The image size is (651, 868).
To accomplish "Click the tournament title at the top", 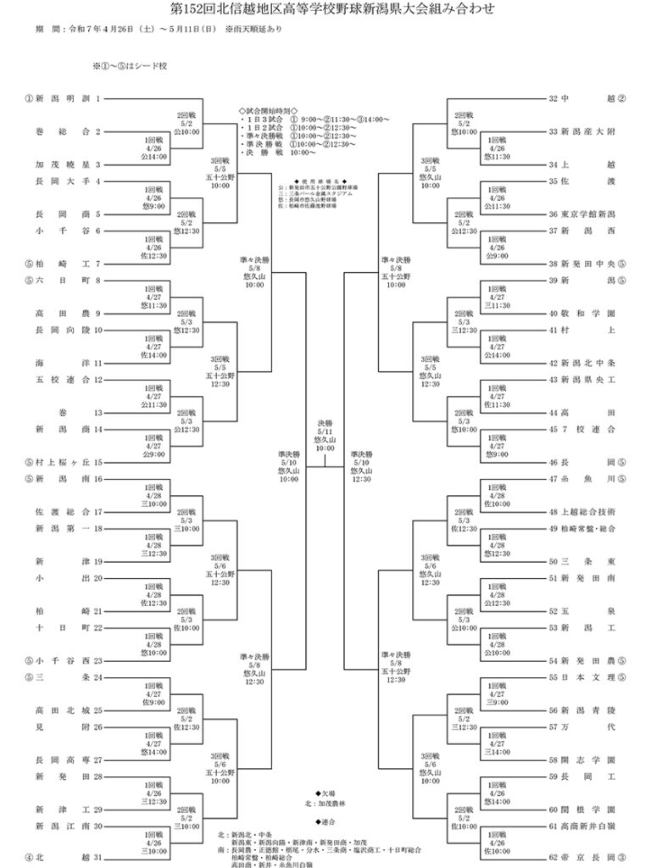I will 325,9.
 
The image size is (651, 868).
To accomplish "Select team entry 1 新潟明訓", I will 64,98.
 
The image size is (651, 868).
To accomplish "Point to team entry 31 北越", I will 64,857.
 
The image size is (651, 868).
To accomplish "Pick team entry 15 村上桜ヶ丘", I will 64,462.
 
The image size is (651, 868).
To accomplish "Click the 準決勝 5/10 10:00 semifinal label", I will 289,466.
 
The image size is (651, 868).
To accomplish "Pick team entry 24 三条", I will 64,677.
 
